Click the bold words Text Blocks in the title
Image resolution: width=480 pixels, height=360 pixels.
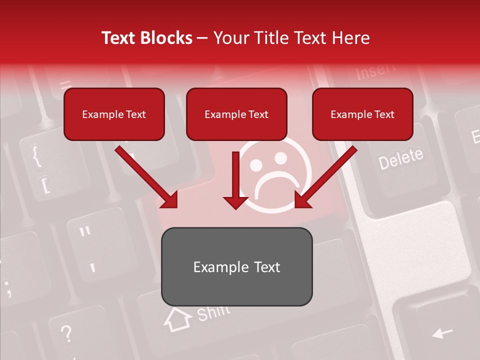coord(146,38)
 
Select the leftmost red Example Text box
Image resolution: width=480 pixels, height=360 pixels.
coord(114,114)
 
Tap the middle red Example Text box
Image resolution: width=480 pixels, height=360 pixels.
coord(236,114)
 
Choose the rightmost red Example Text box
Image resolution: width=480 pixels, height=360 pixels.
coord(362,114)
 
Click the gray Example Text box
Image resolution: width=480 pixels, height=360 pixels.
coord(236,266)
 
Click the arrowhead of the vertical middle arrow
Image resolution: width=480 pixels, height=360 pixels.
coord(235,202)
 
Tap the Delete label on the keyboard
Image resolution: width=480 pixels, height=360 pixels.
coord(400,159)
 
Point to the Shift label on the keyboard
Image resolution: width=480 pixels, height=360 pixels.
coord(213,312)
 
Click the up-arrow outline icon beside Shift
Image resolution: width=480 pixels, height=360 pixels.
coord(177,318)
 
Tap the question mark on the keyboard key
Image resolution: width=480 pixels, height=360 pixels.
coord(66,332)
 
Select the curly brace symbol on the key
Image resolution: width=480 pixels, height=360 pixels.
coord(36,155)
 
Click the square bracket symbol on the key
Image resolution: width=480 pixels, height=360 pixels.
coord(45,185)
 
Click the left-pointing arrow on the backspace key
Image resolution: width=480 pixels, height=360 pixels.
coord(442,332)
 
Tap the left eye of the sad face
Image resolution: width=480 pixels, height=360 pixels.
coord(255,163)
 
